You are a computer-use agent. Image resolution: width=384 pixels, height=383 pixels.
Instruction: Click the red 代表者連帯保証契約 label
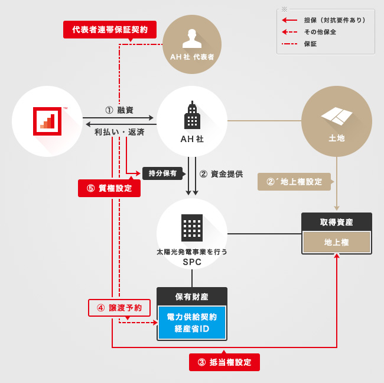pos(109,29)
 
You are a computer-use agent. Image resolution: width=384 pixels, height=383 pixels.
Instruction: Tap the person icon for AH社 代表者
pos(191,38)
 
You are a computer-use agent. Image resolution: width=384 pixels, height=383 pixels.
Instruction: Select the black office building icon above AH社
pos(191,117)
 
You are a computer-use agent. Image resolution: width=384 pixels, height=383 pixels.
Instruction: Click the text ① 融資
pos(119,110)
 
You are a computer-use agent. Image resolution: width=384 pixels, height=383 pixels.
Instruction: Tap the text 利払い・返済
pos(119,133)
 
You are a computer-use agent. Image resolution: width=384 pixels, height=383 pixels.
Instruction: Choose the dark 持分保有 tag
pos(164,173)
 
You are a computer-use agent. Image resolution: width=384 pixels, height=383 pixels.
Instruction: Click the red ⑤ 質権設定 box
pos(109,188)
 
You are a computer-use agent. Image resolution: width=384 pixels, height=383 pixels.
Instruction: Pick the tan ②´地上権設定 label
pos(294,182)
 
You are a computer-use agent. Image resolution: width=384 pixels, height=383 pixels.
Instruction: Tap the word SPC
pos(192,262)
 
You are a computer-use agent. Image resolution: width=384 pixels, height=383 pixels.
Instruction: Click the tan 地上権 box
pos(337,242)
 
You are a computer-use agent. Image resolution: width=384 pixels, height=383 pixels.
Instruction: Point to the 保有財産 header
pos(192,296)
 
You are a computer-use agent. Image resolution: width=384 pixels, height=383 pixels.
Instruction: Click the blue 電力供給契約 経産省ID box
pos(192,323)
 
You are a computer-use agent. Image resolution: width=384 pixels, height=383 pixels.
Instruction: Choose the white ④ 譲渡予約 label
pos(119,308)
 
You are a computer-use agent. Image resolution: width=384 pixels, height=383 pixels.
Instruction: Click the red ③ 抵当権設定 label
pos(224,362)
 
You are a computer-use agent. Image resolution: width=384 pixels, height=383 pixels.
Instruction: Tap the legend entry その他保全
pos(320,32)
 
